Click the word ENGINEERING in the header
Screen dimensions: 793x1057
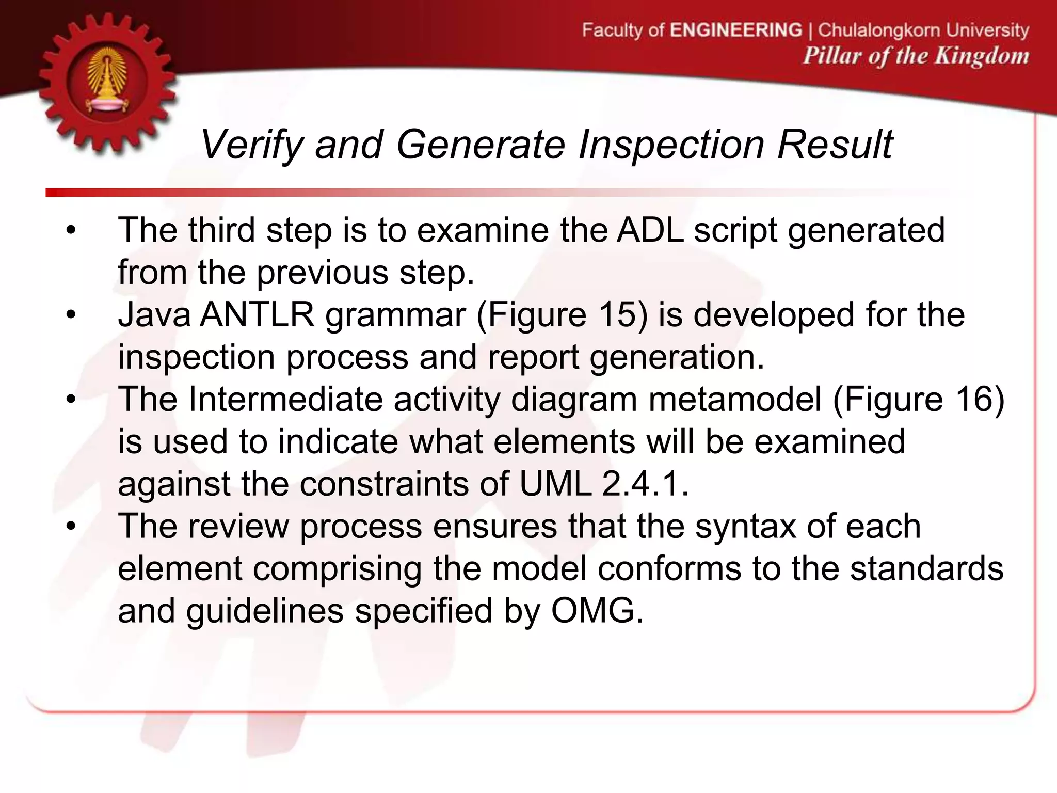tap(736, 30)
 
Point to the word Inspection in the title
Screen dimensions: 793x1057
tap(671, 145)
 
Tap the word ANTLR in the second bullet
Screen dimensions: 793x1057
tap(257, 314)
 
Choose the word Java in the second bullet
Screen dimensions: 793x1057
tap(154, 314)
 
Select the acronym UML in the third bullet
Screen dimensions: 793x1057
tap(555, 484)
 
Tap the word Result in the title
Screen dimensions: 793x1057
tap(835, 145)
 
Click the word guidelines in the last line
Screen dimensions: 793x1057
tap(265, 612)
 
